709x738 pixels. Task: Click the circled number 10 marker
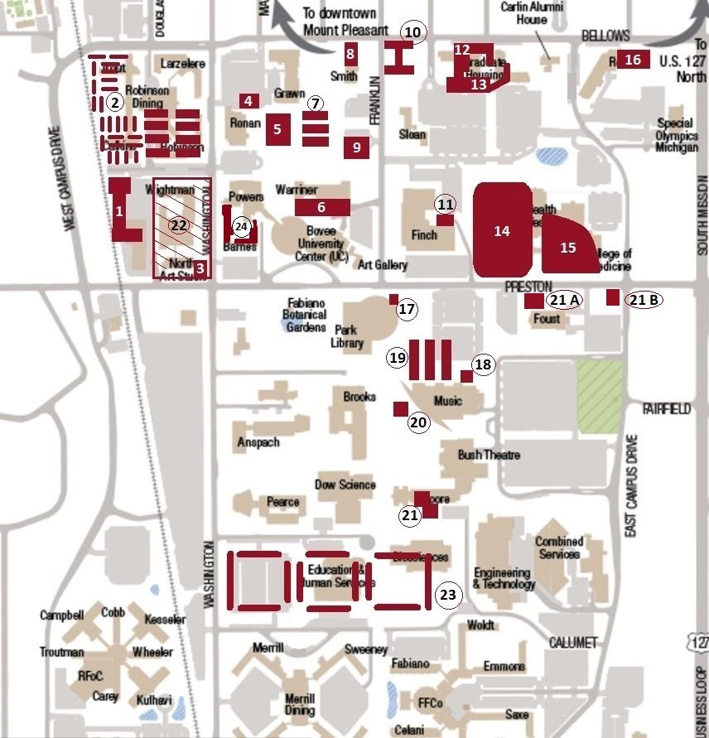pyautogui.click(x=412, y=32)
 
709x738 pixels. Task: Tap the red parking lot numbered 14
pyautogui.click(x=502, y=230)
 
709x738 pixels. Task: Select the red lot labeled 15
pyautogui.click(x=567, y=247)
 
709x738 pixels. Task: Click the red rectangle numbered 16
pyautogui.click(x=633, y=60)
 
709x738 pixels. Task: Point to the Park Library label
pyautogui.click(x=347, y=336)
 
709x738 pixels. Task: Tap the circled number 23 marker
pyautogui.click(x=447, y=595)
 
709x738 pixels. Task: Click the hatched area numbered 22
pyautogui.click(x=179, y=224)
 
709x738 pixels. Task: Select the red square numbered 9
pyautogui.click(x=357, y=147)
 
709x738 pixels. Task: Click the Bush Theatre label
pyautogui.click(x=489, y=455)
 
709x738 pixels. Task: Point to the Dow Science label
pyautogui.click(x=345, y=485)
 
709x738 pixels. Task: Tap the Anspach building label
pyautogui.click(x=258, y=442)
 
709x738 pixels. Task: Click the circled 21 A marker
pyautogui.click(x=563, y=299)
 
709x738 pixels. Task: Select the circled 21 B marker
pyautogui.click(x=644, y=300)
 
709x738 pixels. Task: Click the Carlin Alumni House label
pyautogui.click(x=524, y=13)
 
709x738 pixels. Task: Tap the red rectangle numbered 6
pyautogui.click(x=321, y=207)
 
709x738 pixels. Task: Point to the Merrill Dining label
pyautogui.click(x=299, y=702)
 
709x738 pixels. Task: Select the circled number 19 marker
pyautogui.click(x=398, y=358)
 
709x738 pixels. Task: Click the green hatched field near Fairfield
pyautogui.click(x=599, y=396)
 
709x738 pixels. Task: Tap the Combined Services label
pyautogui.click(x=559, y=547)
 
